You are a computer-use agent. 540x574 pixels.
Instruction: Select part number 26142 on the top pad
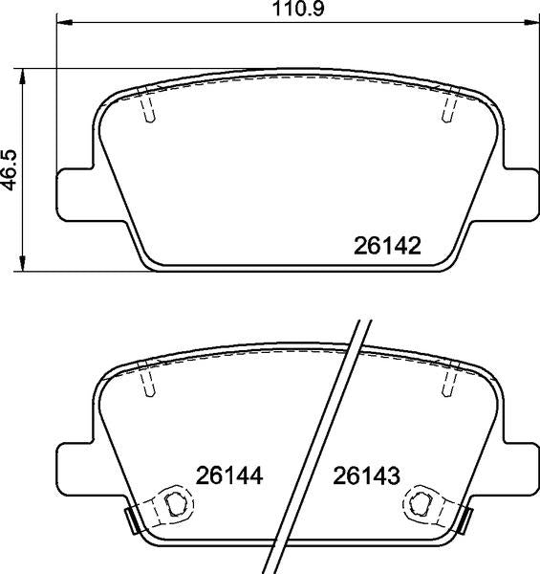pos(387,247)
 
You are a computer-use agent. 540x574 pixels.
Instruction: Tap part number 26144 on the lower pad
pos(229,475)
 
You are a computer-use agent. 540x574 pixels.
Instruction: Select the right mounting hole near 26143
pos(420,502)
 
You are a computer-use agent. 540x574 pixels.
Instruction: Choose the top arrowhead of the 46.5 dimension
pos(24,74)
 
